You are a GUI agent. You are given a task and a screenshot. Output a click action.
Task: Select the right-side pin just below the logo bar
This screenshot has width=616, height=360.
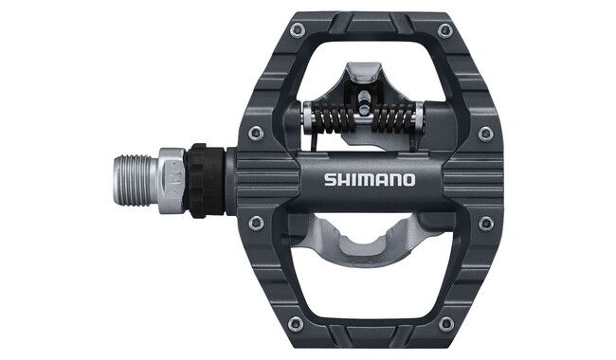pos(486,224)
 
